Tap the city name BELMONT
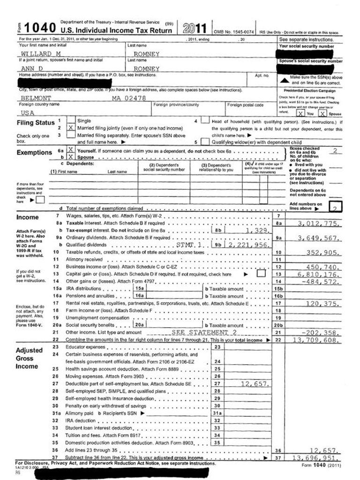pyautogui.click(x=36, y=98)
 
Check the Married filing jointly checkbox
pyautogui.click(x=71, y=127)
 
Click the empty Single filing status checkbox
pyautogui.click(x=71, y=120)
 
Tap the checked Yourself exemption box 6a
pyautogui.click(x=71, y=151)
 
